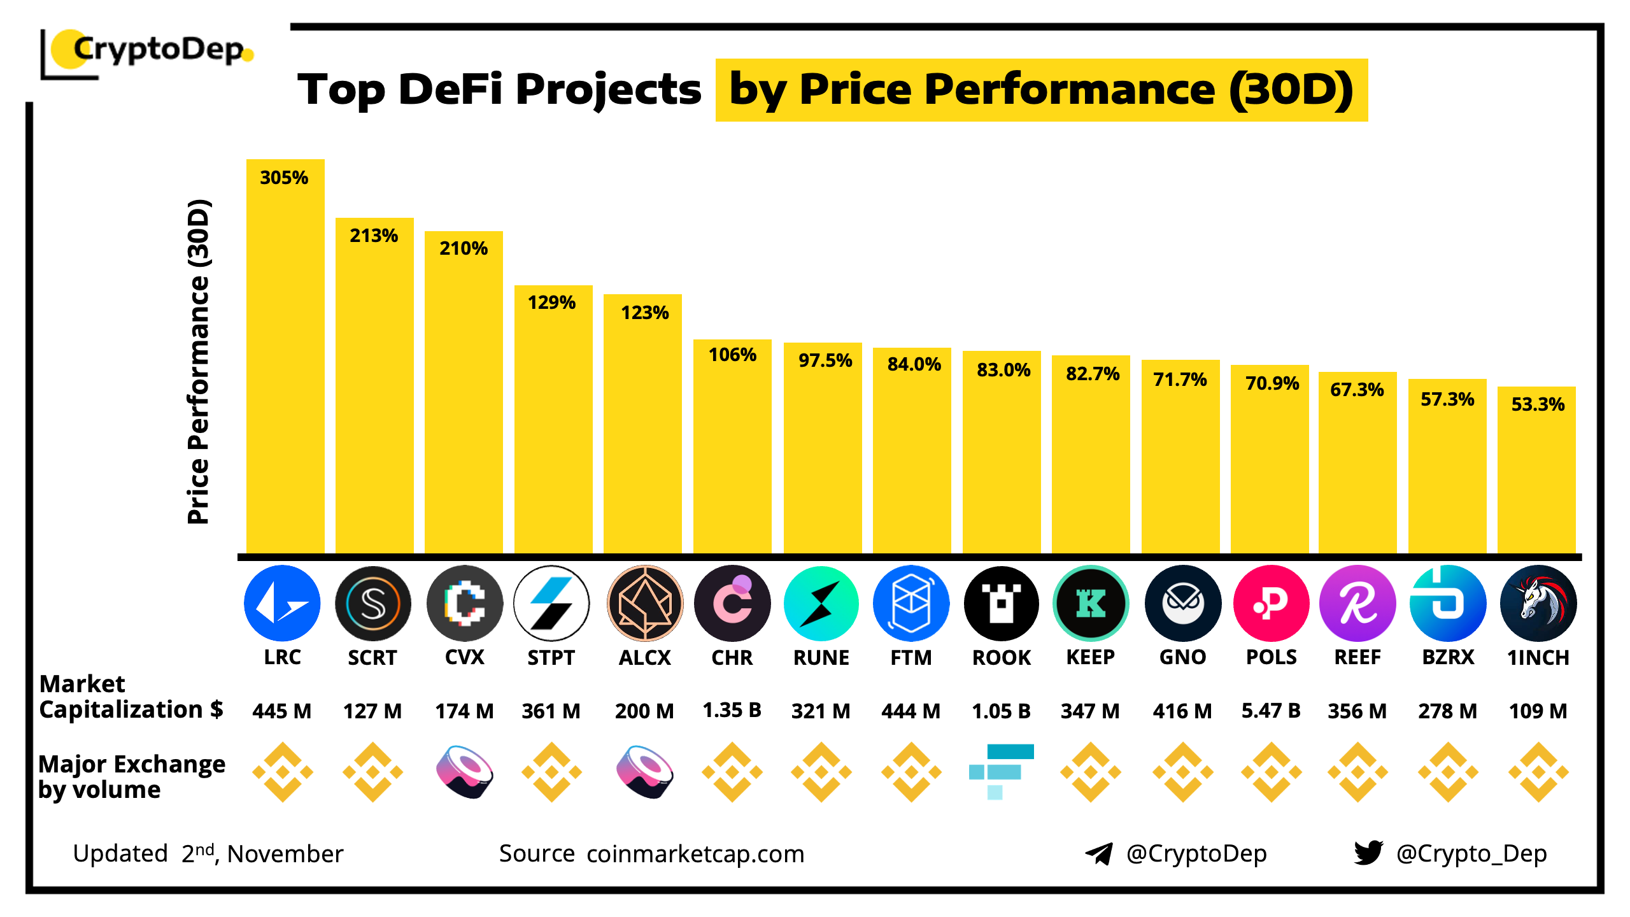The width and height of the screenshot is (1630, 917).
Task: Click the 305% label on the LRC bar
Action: [x=284, y=178]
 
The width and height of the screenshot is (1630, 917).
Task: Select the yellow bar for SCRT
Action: [x=374, y=395]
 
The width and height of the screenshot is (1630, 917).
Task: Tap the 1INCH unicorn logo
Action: [x=1538, y=603]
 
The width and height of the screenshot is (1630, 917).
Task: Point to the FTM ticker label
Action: [x=911, y=657]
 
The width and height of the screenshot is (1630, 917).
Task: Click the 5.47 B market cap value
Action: [x=1271, y=710]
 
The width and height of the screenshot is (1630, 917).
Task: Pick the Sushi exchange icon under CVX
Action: [x=465, y=772]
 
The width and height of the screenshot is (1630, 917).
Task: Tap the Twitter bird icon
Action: [x=1369, y=853]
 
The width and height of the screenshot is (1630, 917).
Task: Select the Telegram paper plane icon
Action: [x=1099, y=853]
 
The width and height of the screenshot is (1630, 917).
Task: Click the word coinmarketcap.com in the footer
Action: [x=695, y=854]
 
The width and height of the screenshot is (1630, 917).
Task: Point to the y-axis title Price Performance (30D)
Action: [x=198, y=362]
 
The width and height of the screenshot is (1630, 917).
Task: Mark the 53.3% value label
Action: [x=1538, y=404]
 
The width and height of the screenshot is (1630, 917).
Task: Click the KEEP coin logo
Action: [x=1091, y=603]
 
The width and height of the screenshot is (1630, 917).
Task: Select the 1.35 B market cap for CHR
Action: [x=732, y=710]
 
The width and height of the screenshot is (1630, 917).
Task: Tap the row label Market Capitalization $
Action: [x=131, y=697]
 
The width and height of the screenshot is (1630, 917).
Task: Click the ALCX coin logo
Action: [x=645, y=603]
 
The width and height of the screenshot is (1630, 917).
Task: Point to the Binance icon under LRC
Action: [x=283, y=772]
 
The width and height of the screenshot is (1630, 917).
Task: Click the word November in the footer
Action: [x=285, y=854]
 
